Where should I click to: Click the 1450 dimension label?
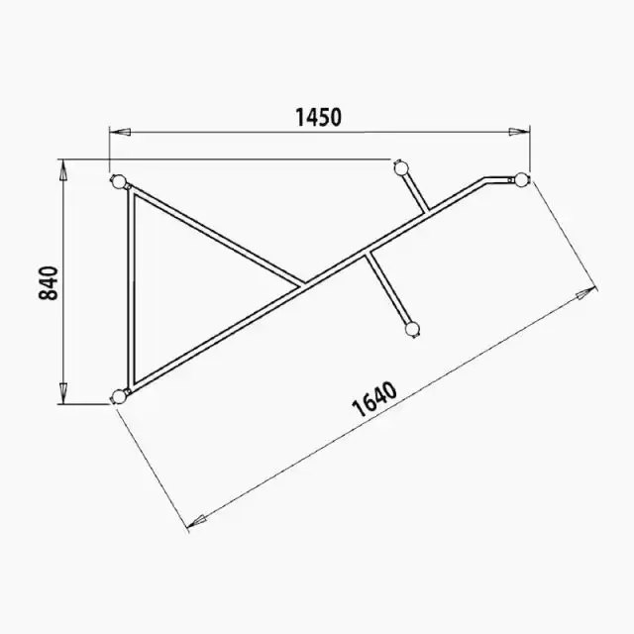[x=319, y=117]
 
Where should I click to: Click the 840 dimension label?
[x=49, y=283]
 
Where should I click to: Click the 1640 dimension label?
[x=374, y=399]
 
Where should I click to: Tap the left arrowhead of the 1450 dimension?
[x=120, y=132]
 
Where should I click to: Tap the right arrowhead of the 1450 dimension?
[x=519, y=132]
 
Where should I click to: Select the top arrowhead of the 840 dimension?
[x=62, y=169]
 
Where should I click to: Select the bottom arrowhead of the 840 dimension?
[x=62, y=393]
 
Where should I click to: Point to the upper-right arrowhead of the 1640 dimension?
[x=585, y=293]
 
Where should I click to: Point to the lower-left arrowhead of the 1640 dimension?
[x=198, y=521]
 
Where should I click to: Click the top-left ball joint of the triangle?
[x=119, y=182]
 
